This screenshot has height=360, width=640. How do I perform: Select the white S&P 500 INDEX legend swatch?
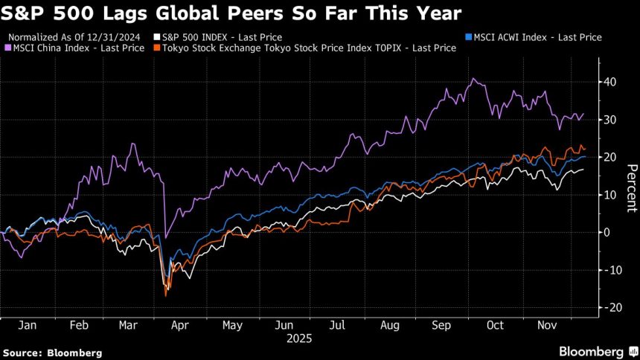pyautogui.click(x=156, y=36)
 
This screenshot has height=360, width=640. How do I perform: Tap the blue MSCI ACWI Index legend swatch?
pyautogui.click(x=467, y=36)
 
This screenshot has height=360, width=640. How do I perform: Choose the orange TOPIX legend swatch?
pyautogui.click(x=156, y=48)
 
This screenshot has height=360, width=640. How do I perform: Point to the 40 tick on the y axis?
pyautogui.click(x=610, y=82)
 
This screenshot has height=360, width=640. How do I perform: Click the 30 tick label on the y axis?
pyautogui.click(x=610, y=120)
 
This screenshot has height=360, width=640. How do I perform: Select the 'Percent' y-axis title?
pyautogui.click(x=630, y=194)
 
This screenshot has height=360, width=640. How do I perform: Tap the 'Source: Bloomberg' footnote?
pyautogui.click(x=52, y=352)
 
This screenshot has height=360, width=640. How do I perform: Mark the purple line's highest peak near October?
pyautogui.click(x=471, y=78)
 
